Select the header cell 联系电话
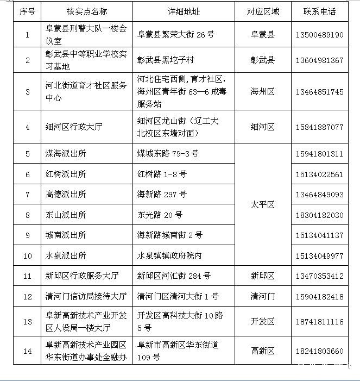pos(319,11)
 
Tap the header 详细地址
pos(184,11)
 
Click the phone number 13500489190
pos(319,34)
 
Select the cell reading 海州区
pos(263,92)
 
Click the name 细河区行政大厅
pos(74,127)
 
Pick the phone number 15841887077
pos(319,127)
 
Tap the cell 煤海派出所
pos(66,154)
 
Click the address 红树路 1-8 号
pos(162,174)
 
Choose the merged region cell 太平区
pos(263,205)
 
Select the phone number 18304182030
pos(319,215)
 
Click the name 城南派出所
pos(66,235)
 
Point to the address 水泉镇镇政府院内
pos(169,255)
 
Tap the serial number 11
pos(27,276)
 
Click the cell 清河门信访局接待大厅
pos(86,296)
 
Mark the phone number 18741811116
pos(319,322)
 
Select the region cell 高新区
pos(263,351)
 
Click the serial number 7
pos(27,195)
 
